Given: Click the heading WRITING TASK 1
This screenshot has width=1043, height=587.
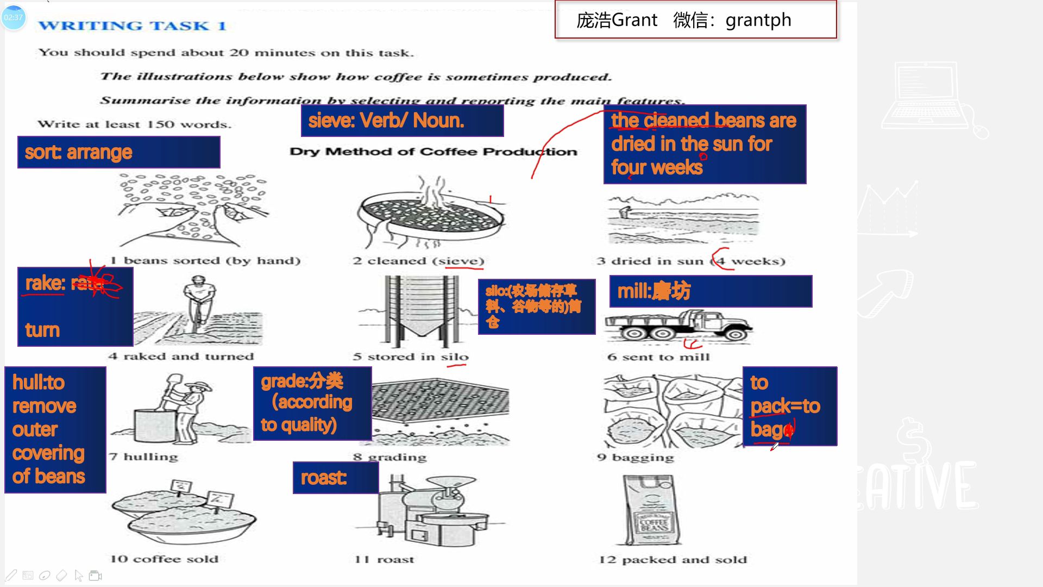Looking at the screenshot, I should pos(132,26).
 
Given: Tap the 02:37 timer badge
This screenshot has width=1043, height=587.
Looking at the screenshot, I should pos(14,17).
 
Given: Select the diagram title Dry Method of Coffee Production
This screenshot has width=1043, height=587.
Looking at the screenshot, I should pos(433,152).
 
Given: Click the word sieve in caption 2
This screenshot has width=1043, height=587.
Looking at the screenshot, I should pos(461,261).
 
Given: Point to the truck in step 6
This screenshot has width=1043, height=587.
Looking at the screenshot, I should pos(679,327).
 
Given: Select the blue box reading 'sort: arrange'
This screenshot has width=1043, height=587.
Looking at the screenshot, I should pos(118,152).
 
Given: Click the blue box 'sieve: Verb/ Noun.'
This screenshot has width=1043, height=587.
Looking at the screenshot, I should pos(402,121).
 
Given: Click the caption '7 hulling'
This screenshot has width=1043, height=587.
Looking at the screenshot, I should pos(143,457).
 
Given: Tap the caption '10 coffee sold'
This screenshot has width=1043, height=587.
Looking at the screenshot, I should pos(164,559).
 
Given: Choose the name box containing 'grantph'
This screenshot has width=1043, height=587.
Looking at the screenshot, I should pos(695,20).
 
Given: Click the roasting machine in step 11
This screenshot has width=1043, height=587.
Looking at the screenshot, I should pos(429,511).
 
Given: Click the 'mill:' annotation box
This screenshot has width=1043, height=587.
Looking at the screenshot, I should pos(711,291).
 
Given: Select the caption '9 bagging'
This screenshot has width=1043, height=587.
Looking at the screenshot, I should pos(635,457).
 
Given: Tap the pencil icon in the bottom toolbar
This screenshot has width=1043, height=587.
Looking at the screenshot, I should pos(11,575).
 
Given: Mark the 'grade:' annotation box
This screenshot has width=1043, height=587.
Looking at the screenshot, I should pos(312,403).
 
